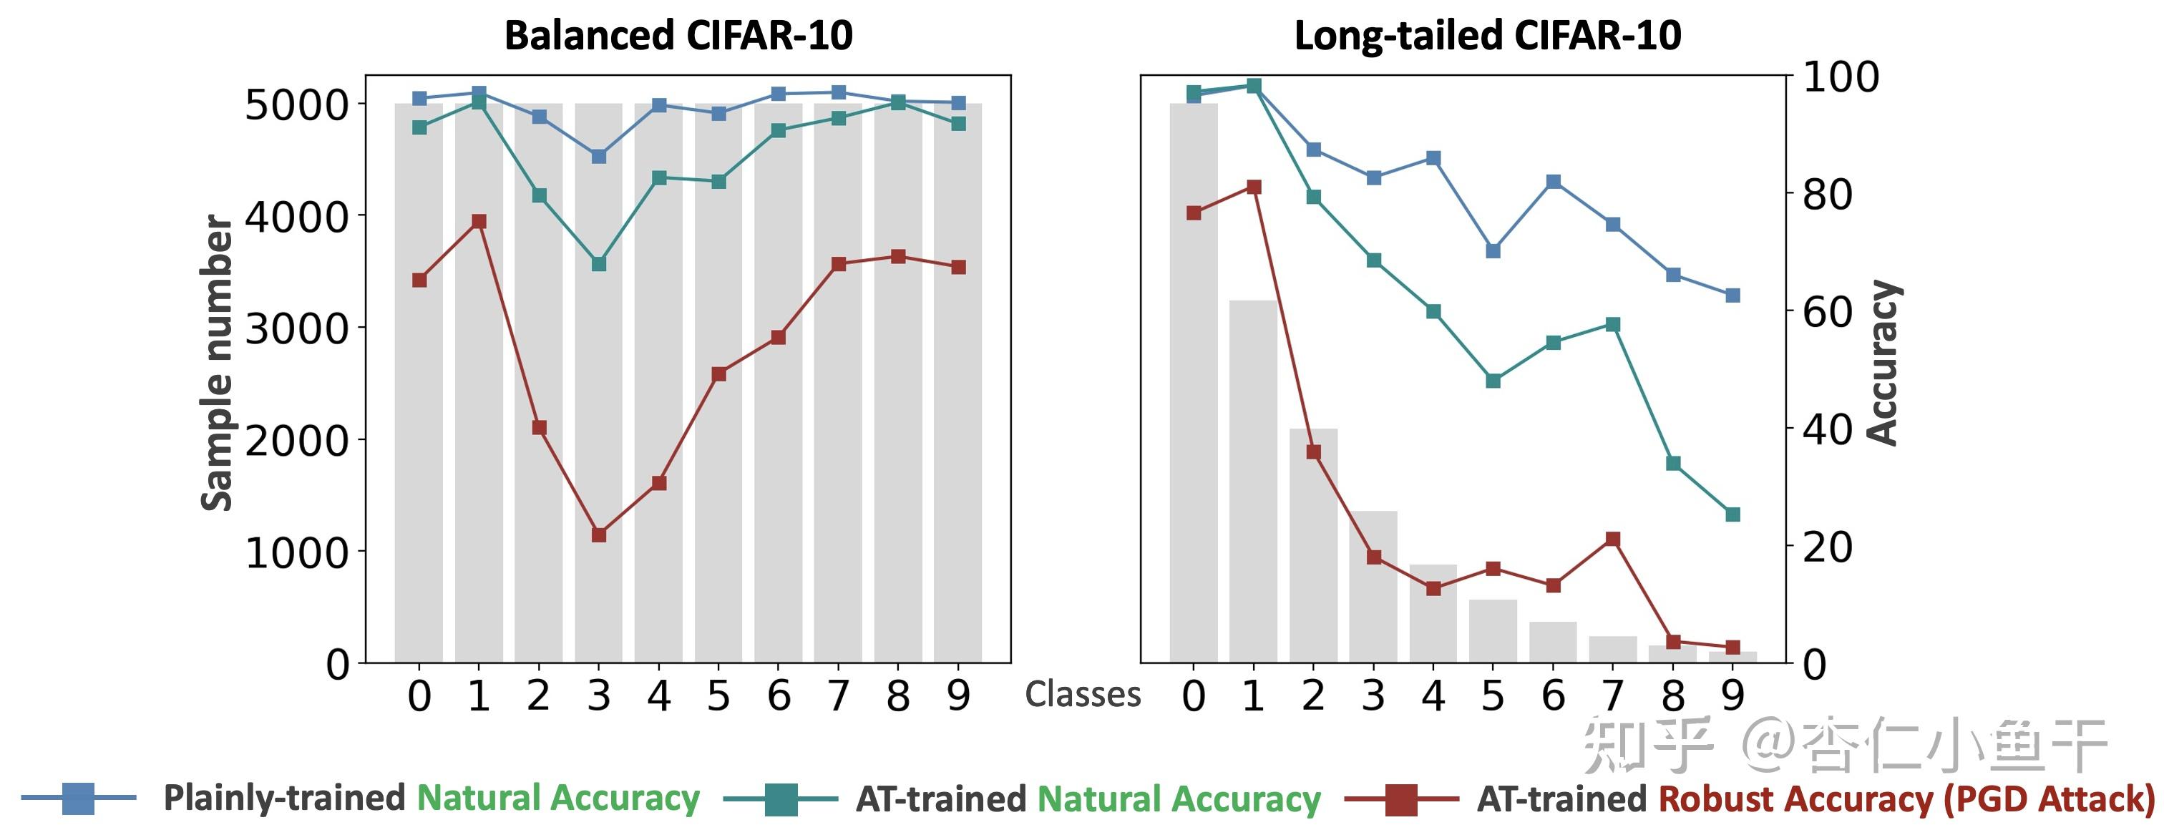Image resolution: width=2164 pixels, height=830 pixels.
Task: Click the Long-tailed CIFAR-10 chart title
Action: [x=1488, y=36]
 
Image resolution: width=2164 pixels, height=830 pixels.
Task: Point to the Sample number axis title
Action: [x=217, y=363]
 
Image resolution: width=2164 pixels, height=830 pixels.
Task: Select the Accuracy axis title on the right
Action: [x=1883, y=363]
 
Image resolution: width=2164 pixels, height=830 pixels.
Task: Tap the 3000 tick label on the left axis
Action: [x=296, y=328]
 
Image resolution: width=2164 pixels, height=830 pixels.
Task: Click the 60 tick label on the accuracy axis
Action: [x=1828, y=312]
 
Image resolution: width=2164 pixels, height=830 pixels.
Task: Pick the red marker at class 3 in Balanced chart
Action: [x=599, y=534]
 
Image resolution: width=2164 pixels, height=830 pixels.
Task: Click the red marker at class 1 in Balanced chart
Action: [x=479, y=222]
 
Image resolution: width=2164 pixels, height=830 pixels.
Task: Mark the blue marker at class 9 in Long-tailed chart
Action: [x=1732, y=296]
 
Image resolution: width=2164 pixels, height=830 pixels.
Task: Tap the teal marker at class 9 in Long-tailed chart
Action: [x=1732, y=514]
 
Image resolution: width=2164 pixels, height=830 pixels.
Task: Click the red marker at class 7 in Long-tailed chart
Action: [x=1612, y=539]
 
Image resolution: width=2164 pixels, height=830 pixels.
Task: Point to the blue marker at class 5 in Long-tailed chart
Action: [x=1493, y=250]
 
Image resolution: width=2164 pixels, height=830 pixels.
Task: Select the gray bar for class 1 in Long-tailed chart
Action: [x=1253, y=482]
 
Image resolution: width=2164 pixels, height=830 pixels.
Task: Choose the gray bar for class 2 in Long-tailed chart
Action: [x=1313, y=545]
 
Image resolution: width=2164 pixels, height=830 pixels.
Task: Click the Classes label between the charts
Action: [x=1083, y=695]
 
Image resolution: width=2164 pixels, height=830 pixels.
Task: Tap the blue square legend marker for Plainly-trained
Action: [x=78, y=798]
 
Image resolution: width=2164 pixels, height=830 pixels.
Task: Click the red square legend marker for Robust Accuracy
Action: [x=1400, y=799]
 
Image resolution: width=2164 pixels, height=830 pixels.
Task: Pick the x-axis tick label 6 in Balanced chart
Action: [x=779, y=695]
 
